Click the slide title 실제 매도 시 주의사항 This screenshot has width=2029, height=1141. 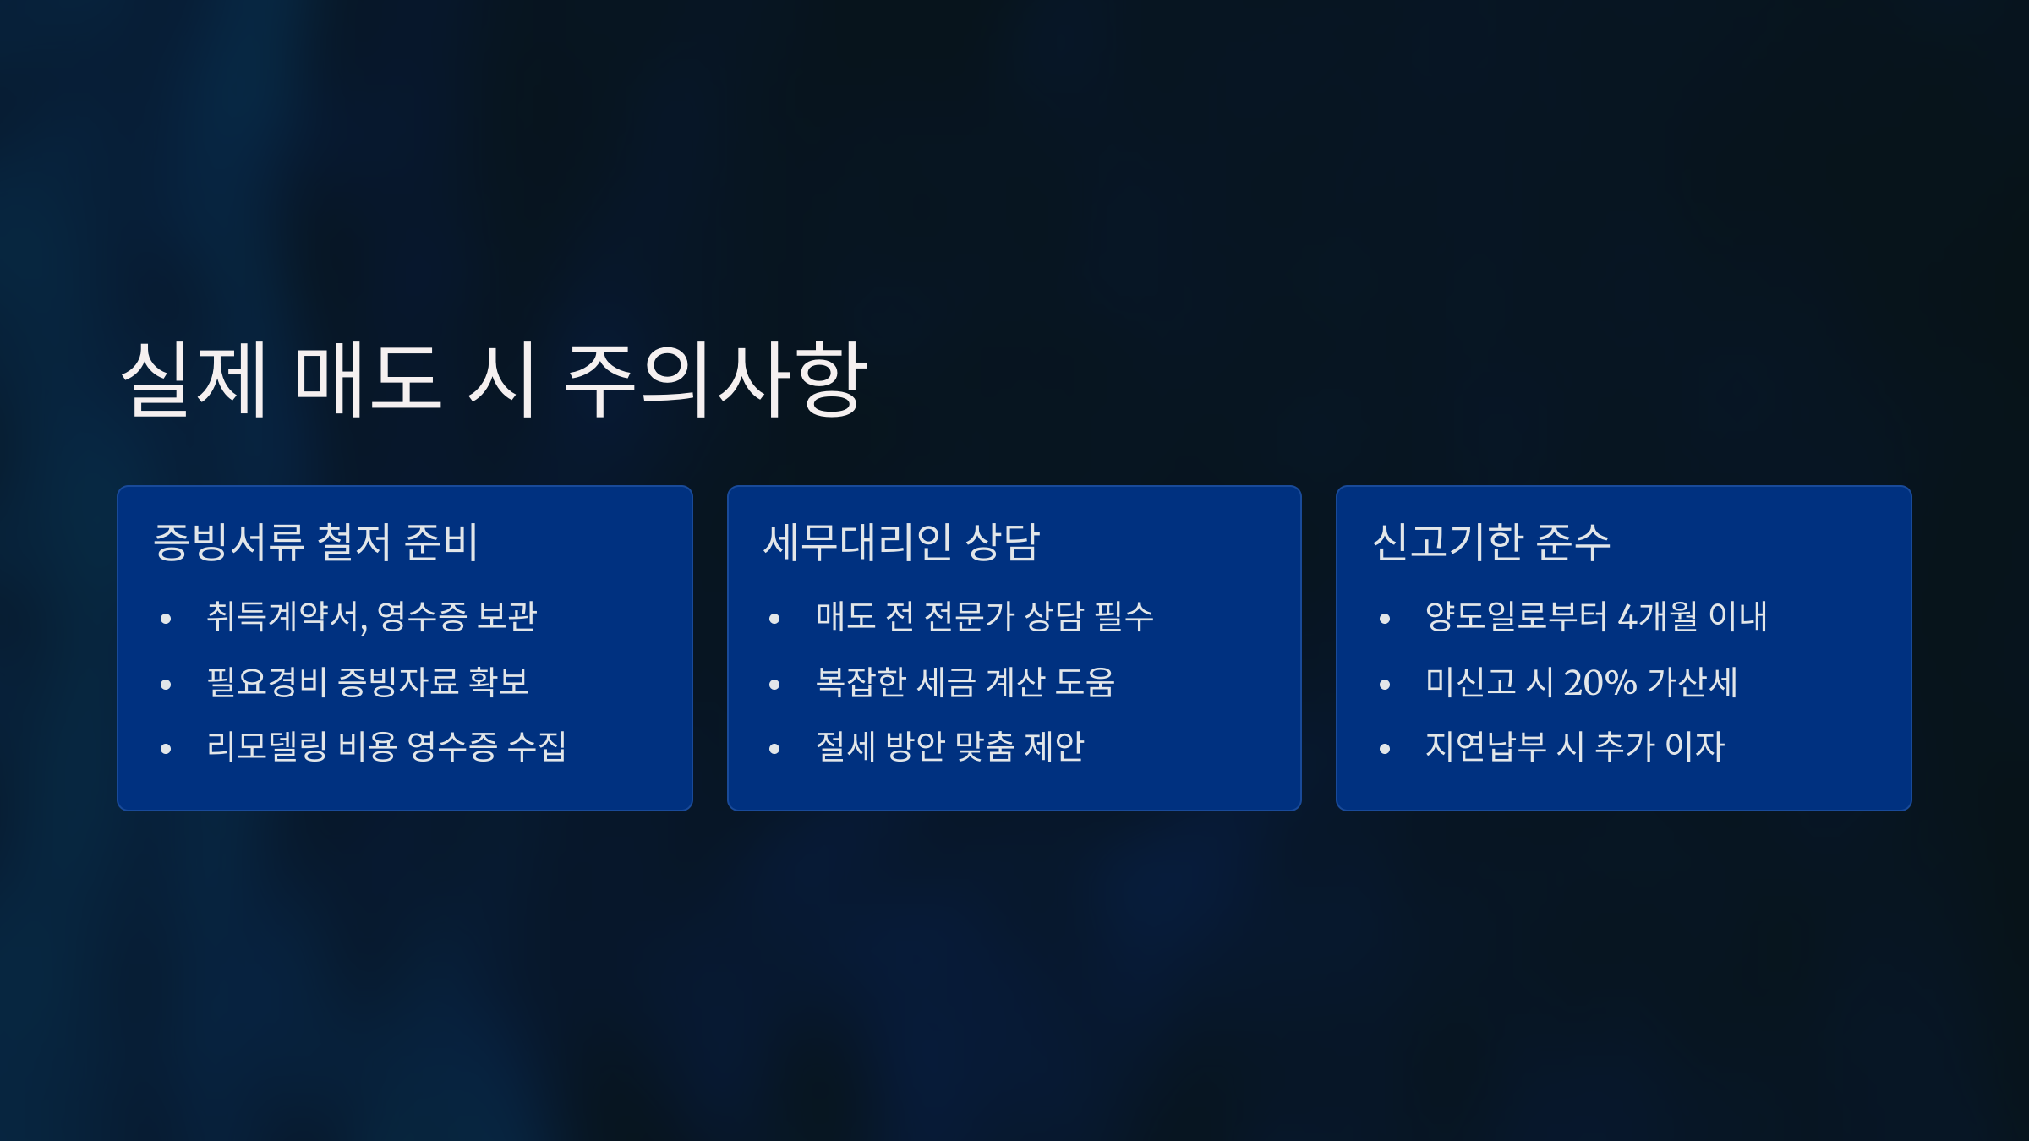tap(494, 379)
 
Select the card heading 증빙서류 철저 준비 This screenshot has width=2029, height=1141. tap(316, 542)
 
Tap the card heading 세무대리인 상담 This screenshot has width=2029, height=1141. tap(901, 542)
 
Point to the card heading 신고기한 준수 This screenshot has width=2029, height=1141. tap(1491, 542)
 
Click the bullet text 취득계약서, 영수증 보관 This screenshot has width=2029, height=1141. tap(372, 616)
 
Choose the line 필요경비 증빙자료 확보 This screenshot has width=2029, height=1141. tap(368, 682)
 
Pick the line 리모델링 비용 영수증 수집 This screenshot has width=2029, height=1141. tap(386, 746)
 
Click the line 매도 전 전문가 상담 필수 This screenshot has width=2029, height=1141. tap(985, 616)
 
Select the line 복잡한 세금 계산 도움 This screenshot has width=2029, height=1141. tap(965, 682)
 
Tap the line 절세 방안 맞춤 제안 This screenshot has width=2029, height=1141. tap(949, 746)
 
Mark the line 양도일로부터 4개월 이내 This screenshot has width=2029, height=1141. tap(1596, 616)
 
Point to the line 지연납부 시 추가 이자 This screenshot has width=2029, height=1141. tap(1575, 746)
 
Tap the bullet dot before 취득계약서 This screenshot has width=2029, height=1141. tap(166, 620)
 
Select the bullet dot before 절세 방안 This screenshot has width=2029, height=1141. tap(774, 749)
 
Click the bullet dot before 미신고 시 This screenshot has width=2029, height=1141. tap(1385, 685)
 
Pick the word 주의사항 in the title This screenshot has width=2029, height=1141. tap(715, 379)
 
